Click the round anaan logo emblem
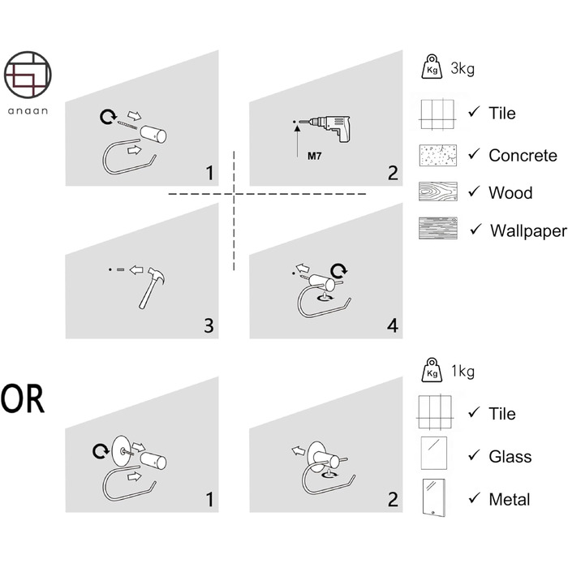[x=28, y=75]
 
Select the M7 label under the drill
[x=315, y=156]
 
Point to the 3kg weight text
[x=463, y=68]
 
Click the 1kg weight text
[x=463, y=371]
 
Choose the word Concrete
[x=523, y=156]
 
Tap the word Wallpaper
[x=528, y=230]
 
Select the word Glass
[x=510, y=456]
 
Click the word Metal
[x=510, y=500]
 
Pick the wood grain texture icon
[x=438, y=191]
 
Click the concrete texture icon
[x=438, y=156]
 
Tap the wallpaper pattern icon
[x=438, y=228]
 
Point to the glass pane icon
[x=434, y=453]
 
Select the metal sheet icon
[x=434, y=497]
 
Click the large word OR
[x=23, y=399]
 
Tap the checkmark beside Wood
[x=474, y=191]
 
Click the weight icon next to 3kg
[x=432, y=67]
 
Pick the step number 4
[x=393, y=325]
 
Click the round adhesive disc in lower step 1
[x=121, y=451]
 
